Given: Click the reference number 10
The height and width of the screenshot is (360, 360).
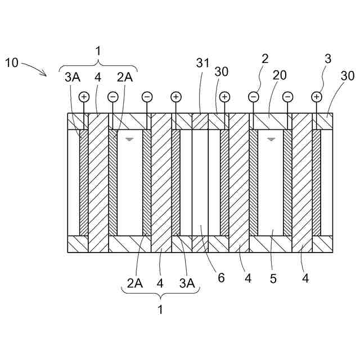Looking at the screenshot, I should coord(12,62).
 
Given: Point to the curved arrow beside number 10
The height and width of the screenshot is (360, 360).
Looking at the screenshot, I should coord(34,69).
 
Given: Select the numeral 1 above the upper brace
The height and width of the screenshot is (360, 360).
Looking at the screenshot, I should coord(98,51).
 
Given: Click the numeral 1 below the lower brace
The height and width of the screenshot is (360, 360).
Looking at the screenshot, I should coord(160,309).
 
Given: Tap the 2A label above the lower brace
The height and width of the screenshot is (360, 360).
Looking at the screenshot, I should coord(134,283).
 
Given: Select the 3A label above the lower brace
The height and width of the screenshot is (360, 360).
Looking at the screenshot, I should coord(187,283).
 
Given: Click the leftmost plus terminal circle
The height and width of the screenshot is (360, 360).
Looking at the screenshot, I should coord(84,97).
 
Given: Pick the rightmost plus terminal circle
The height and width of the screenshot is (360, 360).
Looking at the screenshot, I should coord(317,97).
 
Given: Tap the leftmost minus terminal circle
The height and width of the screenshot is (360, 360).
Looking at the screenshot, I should coord(112,97).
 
